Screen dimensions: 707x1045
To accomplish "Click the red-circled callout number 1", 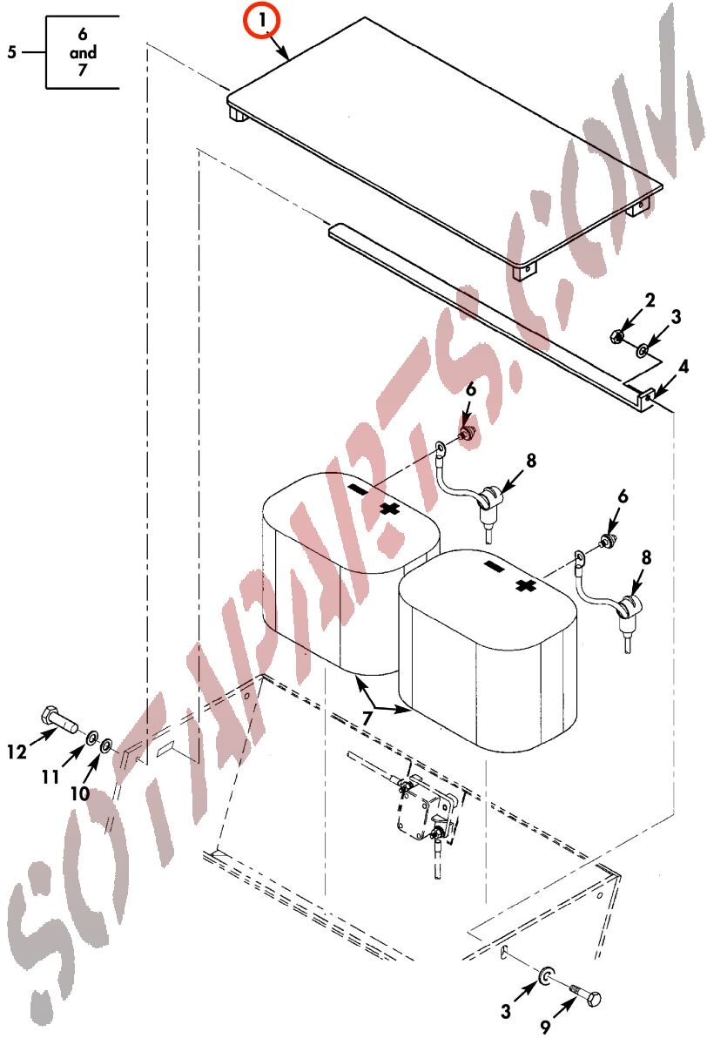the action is point(263,21).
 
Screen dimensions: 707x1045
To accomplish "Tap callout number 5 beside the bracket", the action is point(11,51).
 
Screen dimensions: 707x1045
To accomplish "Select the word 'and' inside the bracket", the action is point(83,52).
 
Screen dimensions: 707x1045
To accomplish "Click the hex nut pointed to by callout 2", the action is point(616,335).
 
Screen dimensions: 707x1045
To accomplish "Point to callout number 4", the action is point(683,367).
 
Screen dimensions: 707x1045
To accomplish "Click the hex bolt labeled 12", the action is point(59,720).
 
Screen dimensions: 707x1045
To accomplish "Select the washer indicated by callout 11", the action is point(91,738).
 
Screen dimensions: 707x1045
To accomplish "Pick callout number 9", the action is point(546,1027).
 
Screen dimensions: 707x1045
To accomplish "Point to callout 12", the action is point(17,752).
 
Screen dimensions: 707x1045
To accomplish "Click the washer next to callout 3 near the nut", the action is point(643,350).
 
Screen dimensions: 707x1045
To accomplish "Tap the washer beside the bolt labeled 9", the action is point(545,975).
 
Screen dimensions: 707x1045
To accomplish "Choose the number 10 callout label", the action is point(80,793).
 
